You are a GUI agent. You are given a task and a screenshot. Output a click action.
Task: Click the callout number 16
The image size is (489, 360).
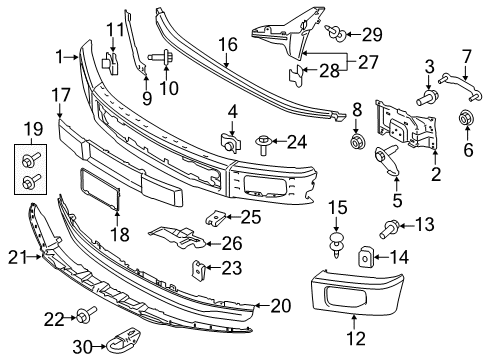point(228,45)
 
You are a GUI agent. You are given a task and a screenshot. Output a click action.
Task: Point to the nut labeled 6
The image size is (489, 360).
point(466,118)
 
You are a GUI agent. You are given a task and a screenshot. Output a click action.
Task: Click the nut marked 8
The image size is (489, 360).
point(358,141)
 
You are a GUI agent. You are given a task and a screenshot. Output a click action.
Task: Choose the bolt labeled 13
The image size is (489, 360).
point(389,230)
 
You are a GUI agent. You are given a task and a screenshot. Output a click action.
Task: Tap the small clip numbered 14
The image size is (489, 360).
point(365,257)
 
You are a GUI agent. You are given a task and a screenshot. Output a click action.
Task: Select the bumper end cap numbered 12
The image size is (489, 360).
point(357,292)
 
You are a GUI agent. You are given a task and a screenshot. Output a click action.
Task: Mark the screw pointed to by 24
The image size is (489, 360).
point(263,144)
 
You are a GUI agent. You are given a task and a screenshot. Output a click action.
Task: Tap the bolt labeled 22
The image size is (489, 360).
point(86,314)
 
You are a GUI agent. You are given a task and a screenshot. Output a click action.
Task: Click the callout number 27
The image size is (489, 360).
point(368,62)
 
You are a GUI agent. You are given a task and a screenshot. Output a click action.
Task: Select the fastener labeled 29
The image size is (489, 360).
point(335,33)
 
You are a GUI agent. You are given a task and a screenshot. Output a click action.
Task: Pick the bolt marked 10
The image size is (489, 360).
point(162,56)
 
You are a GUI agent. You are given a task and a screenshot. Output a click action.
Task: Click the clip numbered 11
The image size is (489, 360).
point(110,63)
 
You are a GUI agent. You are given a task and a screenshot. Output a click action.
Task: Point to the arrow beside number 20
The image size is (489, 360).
point(262,305)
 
